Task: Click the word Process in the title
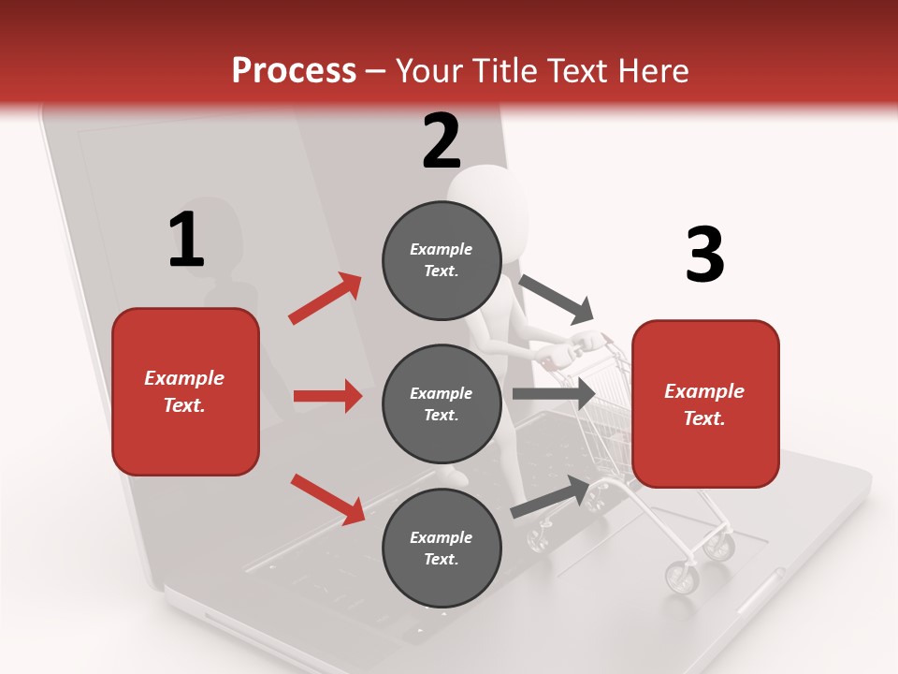294,71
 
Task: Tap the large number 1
186,240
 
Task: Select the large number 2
442,141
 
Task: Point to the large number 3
704,255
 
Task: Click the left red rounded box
185,391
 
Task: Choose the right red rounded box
705,404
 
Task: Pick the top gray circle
442,260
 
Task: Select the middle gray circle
442,404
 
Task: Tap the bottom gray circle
442,549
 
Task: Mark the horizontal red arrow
327,397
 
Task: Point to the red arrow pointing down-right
327,498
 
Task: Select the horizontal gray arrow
553,394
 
